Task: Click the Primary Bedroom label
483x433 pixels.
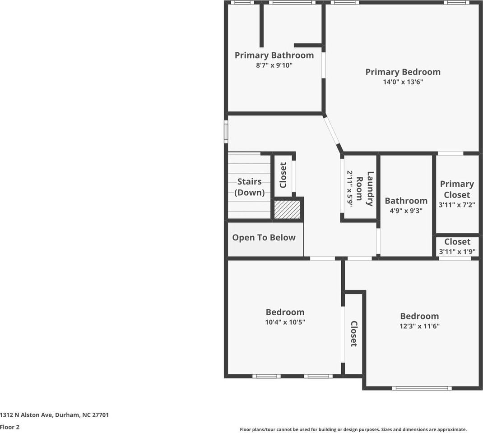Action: click(403, 72)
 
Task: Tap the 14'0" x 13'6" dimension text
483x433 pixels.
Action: click(403, 82)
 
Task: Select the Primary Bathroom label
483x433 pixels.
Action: click(274, 55)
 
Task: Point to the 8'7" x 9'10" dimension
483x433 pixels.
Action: click(274, 65)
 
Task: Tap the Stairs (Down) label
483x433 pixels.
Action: click(250, 187)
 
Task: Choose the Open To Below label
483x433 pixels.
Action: click(264, 238)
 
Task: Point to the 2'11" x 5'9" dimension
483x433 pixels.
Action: click(349, 189)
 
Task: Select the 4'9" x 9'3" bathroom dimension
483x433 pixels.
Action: click(406, 211)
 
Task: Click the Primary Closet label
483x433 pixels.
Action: click(457, 189)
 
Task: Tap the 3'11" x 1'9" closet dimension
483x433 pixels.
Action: click(457, 252)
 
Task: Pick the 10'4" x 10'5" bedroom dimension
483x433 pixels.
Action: click(285, 322)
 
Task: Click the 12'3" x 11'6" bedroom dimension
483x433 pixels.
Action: click(419, 327)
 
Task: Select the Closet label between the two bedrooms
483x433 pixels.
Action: click(354, 334)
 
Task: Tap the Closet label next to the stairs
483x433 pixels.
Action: click(283, 175)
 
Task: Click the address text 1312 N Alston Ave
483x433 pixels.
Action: click(54, 415)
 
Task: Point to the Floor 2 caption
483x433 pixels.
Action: click(10, 427)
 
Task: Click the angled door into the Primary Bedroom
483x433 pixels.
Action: click(332, 131)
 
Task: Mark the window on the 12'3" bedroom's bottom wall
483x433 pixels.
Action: click(422, 388)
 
